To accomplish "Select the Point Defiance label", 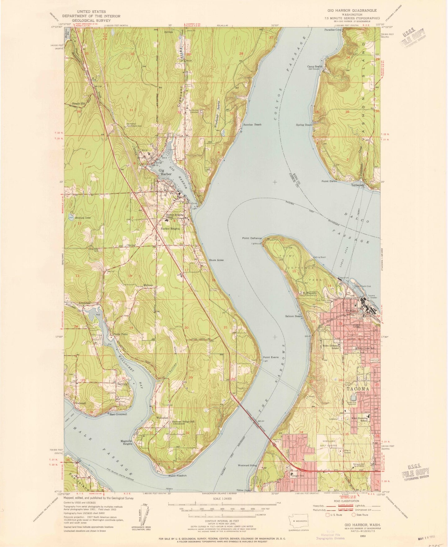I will click(252, 238).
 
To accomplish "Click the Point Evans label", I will click(271, 357).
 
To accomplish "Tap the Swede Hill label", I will click(78, 104).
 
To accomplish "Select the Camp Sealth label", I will click(315, 66).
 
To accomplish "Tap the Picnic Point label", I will click(120, 334).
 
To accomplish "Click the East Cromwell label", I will click(118, 414).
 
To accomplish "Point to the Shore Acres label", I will click(216, 260).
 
